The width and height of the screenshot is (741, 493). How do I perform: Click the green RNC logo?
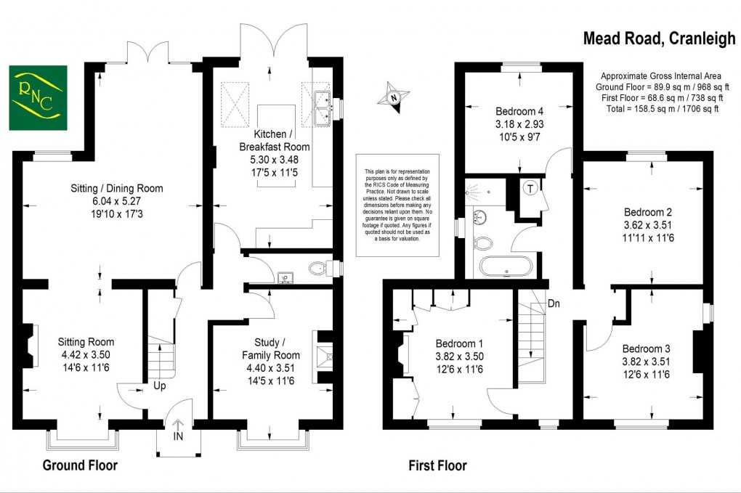(x=38, y=98)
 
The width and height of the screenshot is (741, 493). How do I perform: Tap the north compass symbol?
(x=393, y=97)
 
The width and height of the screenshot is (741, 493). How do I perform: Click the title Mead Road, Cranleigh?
(x=659, y=39)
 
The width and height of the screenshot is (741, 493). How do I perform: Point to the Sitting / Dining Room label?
(x=117, y=188)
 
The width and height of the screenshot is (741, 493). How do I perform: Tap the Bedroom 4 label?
(x=519, y=112)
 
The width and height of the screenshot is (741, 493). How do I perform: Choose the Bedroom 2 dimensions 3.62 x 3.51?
(x=649, y=224)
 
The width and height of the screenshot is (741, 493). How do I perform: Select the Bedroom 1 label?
(x=459, y=343)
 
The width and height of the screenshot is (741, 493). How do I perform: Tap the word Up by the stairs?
(x=159, y=386)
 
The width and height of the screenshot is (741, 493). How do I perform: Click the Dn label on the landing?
(x=554, y=303)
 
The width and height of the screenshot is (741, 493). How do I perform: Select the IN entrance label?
(x=179, y=437)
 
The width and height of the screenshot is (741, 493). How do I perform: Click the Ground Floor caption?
(x=80, y=465)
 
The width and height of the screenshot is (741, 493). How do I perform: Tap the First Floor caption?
(x=437, y=465)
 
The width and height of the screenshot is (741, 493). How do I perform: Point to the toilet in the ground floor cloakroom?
(x=317, y=269)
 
